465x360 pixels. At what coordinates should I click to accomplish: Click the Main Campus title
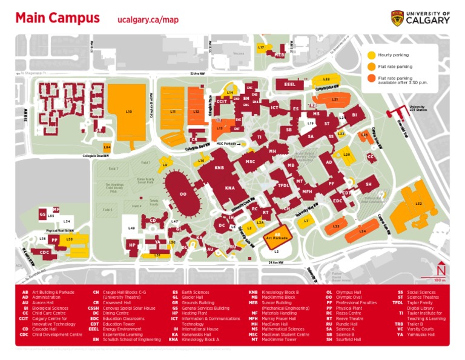(x=58, y=18)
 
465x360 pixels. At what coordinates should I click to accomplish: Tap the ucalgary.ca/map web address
(x=148, y=19)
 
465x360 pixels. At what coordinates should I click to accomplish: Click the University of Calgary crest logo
(x=397, y=18)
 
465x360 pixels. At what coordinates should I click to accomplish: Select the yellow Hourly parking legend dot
(x=371, y=55)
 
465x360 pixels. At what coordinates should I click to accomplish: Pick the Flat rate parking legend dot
(x=371, y=67)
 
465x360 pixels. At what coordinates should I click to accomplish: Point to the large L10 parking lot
(x=128, y=112)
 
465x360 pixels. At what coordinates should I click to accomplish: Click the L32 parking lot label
(x=418, y=204)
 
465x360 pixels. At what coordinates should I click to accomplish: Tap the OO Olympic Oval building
(x=183, y=195)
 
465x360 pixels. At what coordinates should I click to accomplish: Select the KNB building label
(x=219, y=168)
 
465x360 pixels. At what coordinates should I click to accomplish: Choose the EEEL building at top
(x=289, y=85)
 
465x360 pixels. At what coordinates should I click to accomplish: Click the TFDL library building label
(x=283, y=185)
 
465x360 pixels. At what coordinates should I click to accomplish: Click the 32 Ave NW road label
(x=198, y=74)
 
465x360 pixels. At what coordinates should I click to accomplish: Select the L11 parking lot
(x=173, y=112)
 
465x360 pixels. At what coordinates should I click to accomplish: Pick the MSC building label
(x=249, y=162)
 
